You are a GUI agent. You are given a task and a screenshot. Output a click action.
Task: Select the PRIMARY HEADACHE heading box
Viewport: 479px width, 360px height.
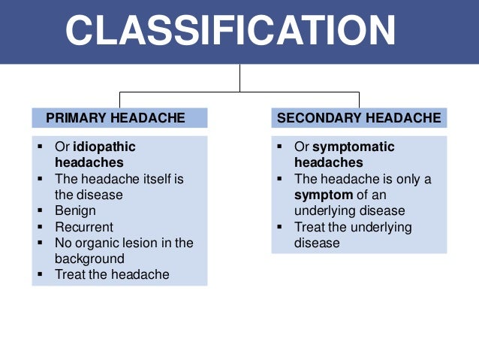point(119,118)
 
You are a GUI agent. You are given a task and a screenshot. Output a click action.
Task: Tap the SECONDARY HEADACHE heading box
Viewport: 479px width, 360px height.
point(359,118)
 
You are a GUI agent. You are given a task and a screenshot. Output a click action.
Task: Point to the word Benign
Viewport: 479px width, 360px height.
point(75,211)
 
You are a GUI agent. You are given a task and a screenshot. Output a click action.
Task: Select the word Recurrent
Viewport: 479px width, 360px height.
point(84,227)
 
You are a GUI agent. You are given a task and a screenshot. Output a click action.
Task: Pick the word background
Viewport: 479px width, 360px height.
point(90,259)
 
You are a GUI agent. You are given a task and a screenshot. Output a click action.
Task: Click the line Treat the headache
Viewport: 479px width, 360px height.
point(112,274)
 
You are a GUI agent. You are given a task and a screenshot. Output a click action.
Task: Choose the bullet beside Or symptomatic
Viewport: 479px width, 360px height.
point(279,147)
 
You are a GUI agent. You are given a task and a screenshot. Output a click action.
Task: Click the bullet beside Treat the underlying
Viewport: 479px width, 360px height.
point(279,227)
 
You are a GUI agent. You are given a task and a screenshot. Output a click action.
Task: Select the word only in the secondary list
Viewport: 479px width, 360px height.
point(405,179)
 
